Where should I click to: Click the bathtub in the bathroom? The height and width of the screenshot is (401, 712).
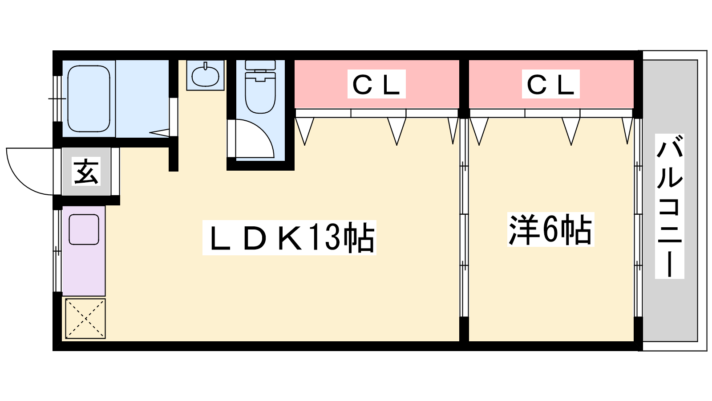89,99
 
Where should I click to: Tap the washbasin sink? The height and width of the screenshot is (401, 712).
205,76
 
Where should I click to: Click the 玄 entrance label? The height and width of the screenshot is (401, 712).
86,172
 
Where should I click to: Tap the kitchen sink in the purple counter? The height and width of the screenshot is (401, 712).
84,229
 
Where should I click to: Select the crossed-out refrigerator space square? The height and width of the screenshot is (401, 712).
85,318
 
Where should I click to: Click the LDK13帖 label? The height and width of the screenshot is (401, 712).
289,237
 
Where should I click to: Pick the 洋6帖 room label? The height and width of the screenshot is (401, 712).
550,229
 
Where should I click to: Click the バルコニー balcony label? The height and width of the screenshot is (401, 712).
669,206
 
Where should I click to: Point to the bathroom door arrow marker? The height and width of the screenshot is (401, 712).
159,132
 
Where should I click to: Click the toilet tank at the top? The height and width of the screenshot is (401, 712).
260,65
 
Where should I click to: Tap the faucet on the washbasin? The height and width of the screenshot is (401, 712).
205,66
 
